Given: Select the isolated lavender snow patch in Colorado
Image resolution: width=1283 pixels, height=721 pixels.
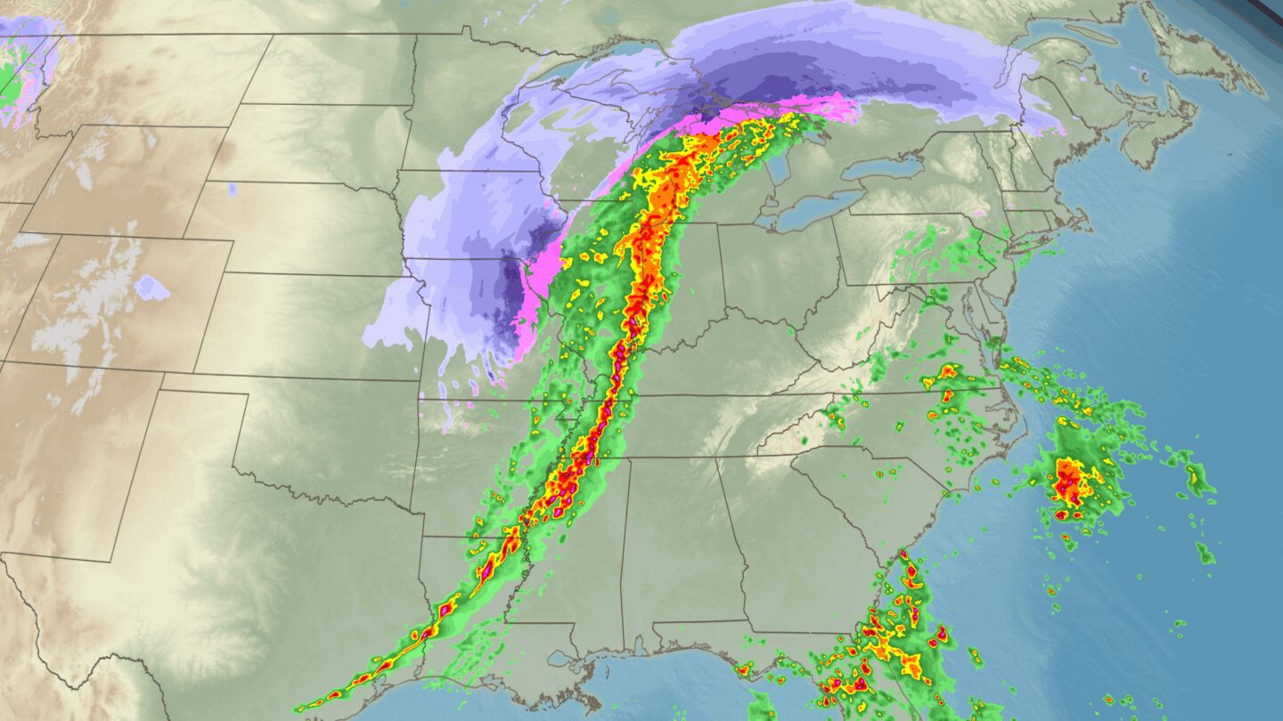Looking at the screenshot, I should tap(151, 288).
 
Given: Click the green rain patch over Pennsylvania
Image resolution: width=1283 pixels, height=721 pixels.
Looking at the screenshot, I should tap(936, 254).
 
